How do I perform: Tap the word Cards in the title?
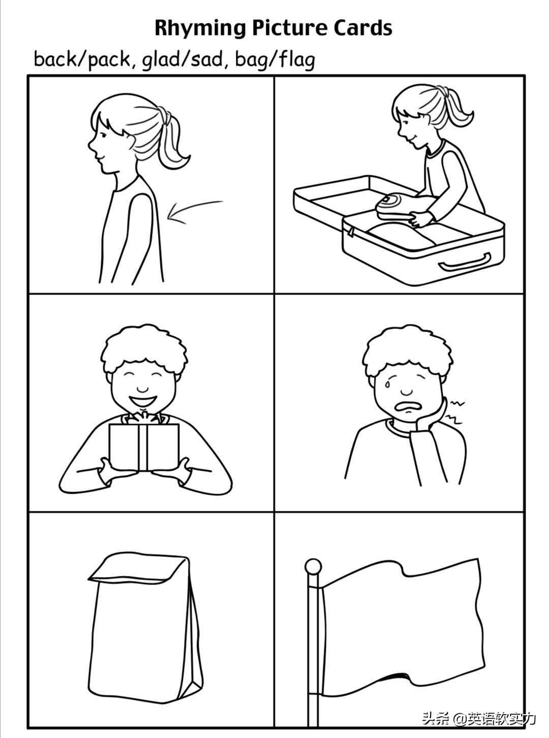(363, 28)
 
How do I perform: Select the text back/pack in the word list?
(82, 60)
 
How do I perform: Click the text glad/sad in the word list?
(182, 60)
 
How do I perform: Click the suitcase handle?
(466, 265)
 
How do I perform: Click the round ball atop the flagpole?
(314, 566)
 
